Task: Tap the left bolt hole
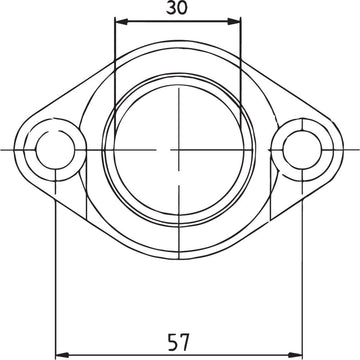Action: (54, 149)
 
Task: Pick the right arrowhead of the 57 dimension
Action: (299, 352)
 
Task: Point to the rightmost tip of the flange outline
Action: (341, 149)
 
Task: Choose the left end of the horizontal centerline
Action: (3, 149)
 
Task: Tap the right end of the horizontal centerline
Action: (357, 149)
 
